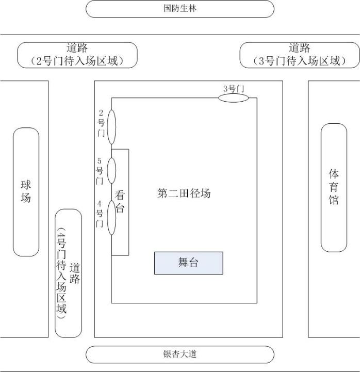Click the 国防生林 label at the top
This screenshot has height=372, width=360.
179,9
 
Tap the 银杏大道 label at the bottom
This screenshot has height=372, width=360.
179,354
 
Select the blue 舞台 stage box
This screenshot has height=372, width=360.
188,263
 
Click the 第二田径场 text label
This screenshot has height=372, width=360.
184,194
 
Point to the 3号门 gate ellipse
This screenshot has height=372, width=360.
233,98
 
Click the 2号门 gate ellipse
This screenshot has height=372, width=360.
111,126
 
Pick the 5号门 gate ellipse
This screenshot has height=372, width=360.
111,171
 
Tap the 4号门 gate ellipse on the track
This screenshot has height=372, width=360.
111,217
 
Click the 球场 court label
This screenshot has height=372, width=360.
26,191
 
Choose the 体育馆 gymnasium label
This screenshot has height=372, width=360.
334,186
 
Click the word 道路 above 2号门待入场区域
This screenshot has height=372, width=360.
77,48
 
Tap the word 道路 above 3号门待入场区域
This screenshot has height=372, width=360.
300,48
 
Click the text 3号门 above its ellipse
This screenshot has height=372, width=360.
233,89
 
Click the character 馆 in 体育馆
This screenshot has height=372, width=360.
334,200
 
